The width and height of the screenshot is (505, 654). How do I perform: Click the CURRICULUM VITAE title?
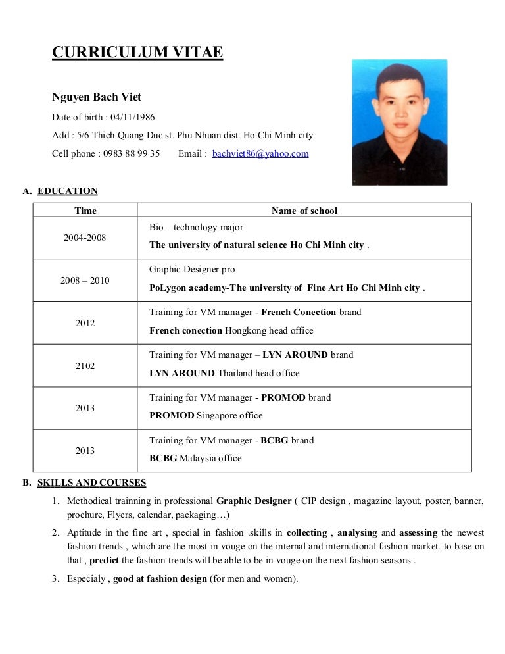(x=137, y=52)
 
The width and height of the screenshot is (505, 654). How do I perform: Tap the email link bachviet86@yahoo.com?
(x=260, y=153)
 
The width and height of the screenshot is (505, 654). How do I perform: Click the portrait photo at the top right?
(x=399, y=122)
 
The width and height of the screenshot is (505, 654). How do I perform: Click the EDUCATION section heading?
(x=68, y=191)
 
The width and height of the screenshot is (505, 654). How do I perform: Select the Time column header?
(x=85, y=211)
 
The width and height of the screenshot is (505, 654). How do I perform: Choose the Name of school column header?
(x=304, y=211)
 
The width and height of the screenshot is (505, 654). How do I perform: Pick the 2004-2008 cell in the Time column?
(x=85, y=238)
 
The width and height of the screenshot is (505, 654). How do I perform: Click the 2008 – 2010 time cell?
(x=85, y=280)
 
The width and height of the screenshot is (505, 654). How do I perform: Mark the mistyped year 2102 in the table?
(x=85, y=366)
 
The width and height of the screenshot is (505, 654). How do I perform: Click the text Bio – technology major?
(x=196, y=227)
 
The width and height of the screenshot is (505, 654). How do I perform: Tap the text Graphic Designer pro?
(x=192, y=270)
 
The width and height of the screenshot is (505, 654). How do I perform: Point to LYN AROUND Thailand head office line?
(x=224, y=373)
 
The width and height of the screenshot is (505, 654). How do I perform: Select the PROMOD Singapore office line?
(x=206, y=415)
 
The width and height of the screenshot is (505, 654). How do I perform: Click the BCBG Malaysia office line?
(x=195, y=458)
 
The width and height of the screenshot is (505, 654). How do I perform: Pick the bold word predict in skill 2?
(x=105, y=561)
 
